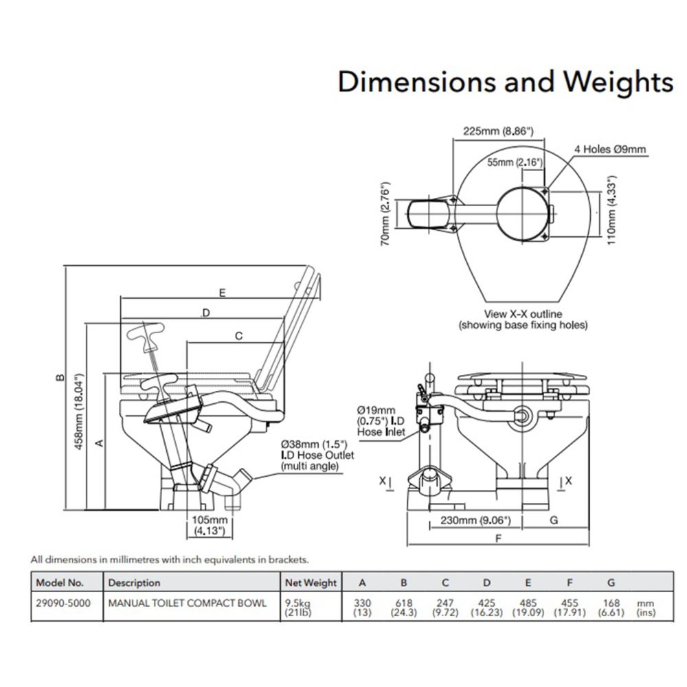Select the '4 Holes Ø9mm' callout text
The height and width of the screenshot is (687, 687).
coord(610,149)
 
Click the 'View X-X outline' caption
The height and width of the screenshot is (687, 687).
coord(523,314)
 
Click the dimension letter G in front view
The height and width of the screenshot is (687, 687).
coord(554,520)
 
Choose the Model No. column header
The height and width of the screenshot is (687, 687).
coord(60,583)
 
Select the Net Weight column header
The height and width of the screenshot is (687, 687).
coord(311,583)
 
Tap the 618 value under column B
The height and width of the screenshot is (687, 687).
coord(403,602)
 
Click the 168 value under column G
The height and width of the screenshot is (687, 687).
coord(611,602)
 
